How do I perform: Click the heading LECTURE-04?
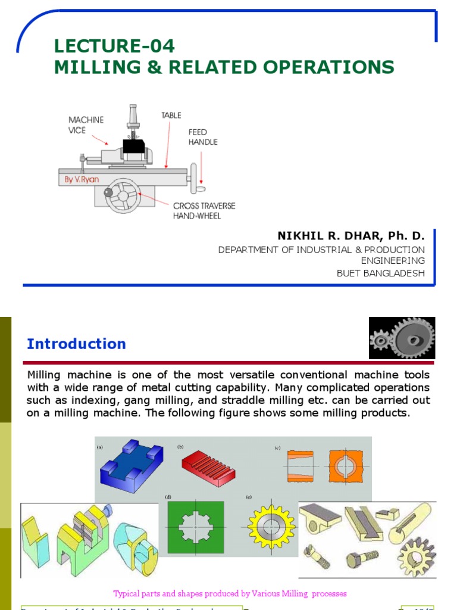click(114, 46)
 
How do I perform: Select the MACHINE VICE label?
click(86, 125)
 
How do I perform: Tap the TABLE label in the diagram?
click(171, 115)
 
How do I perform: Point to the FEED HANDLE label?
click(203, 137)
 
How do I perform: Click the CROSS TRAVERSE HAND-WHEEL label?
click(204, 211)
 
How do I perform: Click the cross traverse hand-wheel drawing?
click(123, 195)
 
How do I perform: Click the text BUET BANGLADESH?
click(381, 273)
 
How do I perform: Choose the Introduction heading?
click(76, 344)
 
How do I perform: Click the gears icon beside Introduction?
click(402, 338)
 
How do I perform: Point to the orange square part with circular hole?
click(345, 465)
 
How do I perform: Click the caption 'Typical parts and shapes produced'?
click(230, 593)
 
